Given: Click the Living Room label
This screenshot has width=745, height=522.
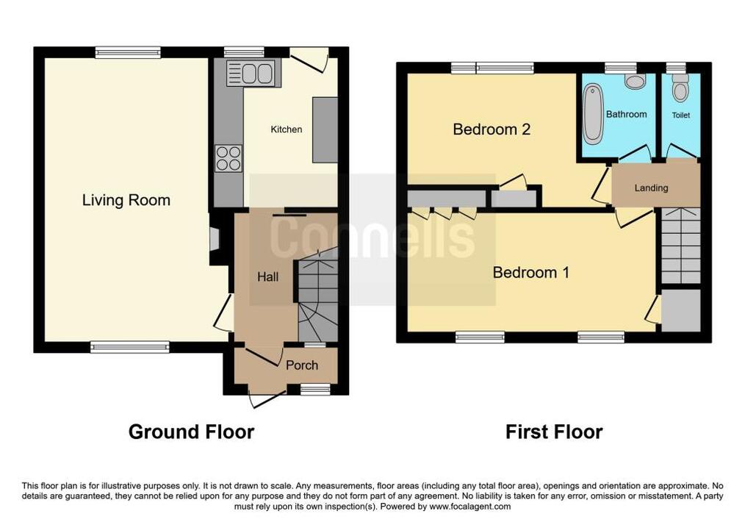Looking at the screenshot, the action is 126,200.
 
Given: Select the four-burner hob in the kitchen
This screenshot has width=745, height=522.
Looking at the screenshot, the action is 228,158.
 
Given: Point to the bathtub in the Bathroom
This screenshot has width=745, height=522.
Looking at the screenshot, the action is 592,114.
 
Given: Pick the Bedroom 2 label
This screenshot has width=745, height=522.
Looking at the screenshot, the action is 492,129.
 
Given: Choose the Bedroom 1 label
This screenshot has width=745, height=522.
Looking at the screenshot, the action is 530,273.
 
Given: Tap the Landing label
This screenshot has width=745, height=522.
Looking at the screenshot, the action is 651,188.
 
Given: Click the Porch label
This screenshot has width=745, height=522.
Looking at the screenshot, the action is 302,365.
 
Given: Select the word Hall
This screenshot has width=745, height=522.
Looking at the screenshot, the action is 267,277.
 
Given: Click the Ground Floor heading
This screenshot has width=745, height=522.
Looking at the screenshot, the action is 191,432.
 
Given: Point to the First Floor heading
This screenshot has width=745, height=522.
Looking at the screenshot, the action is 554,432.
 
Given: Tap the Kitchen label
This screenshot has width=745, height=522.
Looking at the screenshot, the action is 286,129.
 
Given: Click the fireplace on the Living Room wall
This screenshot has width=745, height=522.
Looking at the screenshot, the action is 215,237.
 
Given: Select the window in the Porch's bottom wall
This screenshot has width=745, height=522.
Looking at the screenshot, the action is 315,390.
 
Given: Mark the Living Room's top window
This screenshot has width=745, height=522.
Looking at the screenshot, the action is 128,52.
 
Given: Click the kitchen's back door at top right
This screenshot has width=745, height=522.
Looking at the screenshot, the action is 309,60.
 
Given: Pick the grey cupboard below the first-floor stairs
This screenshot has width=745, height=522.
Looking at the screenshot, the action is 681,310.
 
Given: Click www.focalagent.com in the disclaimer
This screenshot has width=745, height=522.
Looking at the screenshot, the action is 470,507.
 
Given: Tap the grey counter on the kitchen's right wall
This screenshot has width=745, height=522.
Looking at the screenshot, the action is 325,130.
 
